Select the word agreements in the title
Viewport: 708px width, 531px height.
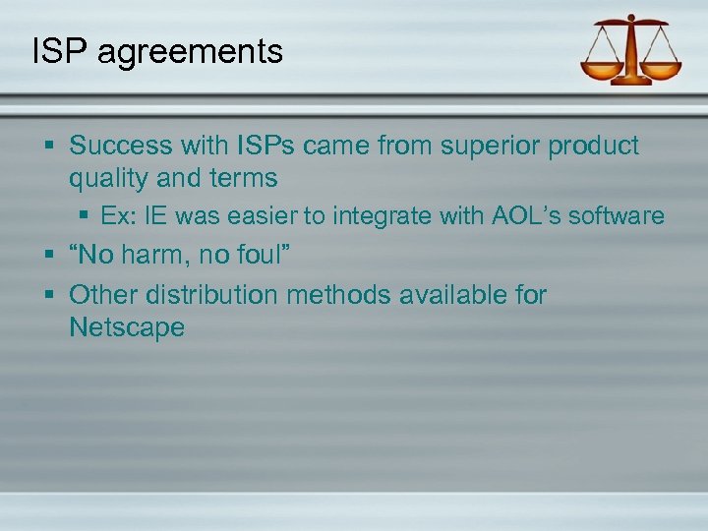click(191, 53)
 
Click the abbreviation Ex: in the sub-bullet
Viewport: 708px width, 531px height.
click(121, 216)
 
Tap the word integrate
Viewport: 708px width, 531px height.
click(364, 216)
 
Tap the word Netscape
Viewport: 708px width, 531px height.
click(127, 327)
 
